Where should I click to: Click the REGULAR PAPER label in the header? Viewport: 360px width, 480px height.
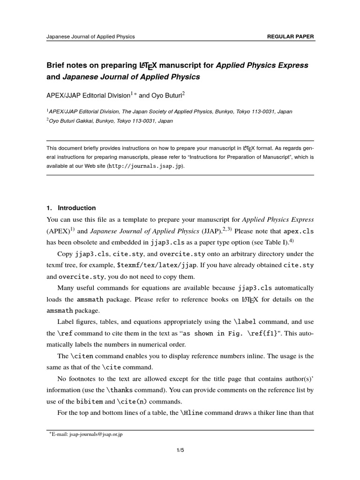pos(290,36)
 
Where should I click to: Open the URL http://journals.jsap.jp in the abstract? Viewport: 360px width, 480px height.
pos(146,166)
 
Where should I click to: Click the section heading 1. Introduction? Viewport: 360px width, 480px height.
pos(71,208)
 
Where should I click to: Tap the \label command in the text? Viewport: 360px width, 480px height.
pos(245,322)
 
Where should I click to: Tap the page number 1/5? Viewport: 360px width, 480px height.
pos(180,450)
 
